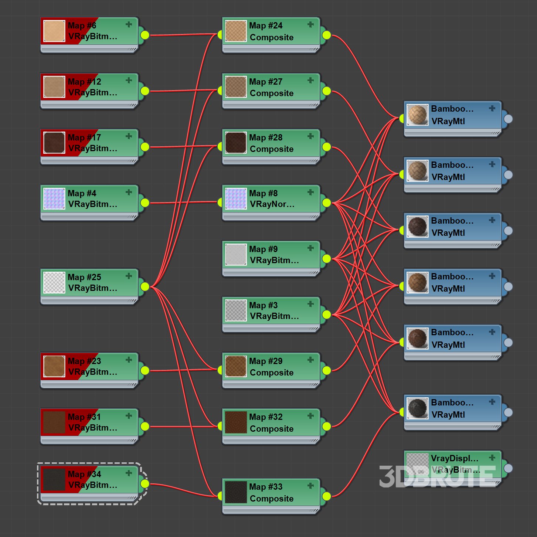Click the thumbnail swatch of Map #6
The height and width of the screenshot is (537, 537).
point(54,31)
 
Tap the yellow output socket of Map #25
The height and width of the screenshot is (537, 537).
point(145,286)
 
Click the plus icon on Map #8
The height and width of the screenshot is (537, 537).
point(310,192)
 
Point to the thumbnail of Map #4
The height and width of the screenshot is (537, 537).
point(54,199)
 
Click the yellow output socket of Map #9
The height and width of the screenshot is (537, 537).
point(326,259)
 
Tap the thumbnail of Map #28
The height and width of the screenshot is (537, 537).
point(236,143)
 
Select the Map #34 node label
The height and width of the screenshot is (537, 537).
point(92,479)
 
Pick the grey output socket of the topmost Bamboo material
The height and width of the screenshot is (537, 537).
point(508,119)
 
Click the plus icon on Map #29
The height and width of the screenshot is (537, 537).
point(310,360)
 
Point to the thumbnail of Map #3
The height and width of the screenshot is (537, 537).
point(236,310)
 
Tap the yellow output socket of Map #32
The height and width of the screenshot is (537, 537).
point(326,426)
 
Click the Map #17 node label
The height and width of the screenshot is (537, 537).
point(92,143)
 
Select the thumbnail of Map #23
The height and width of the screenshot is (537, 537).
point(54,366)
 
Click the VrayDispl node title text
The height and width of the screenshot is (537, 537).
point(454,458)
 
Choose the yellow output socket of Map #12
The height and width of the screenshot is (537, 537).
point(145,91)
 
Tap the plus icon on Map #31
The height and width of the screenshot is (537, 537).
point(129,416)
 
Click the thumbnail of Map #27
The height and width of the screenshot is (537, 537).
point(236,87)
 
